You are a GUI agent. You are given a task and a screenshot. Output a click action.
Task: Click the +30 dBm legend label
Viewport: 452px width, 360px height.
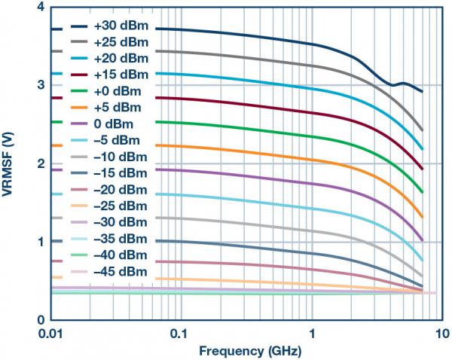click(121, 26)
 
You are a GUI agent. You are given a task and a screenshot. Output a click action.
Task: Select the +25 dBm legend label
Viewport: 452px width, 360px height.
click(121, 42)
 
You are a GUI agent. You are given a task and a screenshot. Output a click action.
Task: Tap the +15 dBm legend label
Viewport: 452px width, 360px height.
click(121, 75)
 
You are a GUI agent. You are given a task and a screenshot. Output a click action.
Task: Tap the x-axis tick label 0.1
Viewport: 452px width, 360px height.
click(179, 333)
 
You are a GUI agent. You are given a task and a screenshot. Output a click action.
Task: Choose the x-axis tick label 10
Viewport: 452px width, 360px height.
click(443, 333)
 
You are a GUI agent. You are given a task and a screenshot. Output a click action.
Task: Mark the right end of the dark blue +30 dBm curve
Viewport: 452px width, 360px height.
click(423, 92)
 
